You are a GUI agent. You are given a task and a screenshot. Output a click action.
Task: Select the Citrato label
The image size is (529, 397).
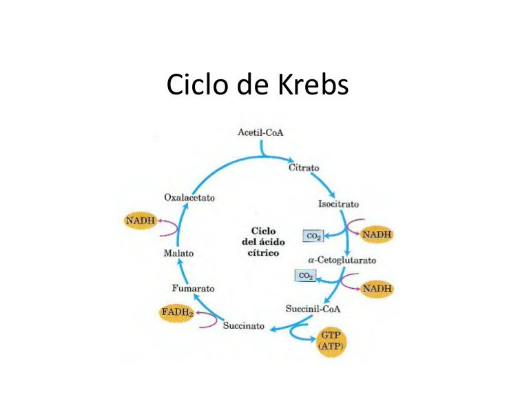(x=304, y=167)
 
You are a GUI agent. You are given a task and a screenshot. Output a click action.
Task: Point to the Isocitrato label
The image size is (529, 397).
(x=338, y=204)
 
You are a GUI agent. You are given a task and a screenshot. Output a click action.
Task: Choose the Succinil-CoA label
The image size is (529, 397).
(x=313, y=309)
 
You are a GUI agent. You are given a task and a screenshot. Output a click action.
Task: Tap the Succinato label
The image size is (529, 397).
(x=244, y=325)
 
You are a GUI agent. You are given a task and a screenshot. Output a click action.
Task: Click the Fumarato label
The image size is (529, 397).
(x=194, y=287)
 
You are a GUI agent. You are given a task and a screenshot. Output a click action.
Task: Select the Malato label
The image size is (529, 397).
(x=178, y=253)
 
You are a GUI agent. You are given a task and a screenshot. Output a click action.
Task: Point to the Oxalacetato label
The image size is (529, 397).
(x=189, y=198)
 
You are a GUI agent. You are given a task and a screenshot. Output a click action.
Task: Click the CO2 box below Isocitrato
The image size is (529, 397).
(x=313, y=236)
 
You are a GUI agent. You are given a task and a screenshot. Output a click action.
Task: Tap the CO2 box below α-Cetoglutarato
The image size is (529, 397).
(x=305, y=276)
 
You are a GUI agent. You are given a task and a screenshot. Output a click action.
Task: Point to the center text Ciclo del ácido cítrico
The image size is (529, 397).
(x=262, y=242)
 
